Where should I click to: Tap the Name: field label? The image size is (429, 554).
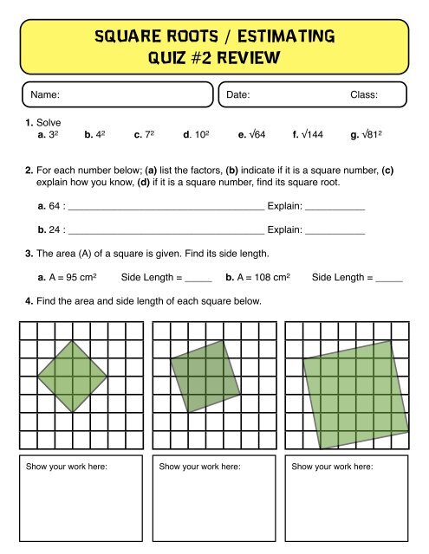pyautogui.click(x=44, y=93)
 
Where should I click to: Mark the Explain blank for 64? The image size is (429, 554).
pyautogui.click(x=335, y=209)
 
